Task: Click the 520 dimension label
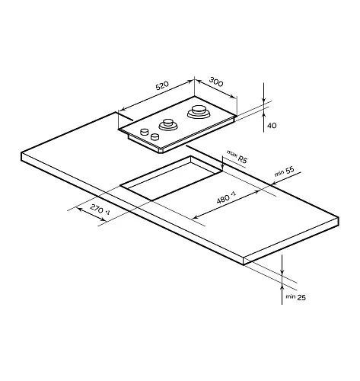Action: coord(162,85)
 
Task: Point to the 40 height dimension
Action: coord(272,126)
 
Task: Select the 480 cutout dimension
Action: coord(226,197)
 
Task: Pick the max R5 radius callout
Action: coord(237,156)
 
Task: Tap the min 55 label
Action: coord(285,171)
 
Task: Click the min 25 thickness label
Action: coord(296,297)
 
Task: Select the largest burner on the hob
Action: coord(199,112)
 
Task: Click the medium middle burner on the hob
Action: coord(168,124)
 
